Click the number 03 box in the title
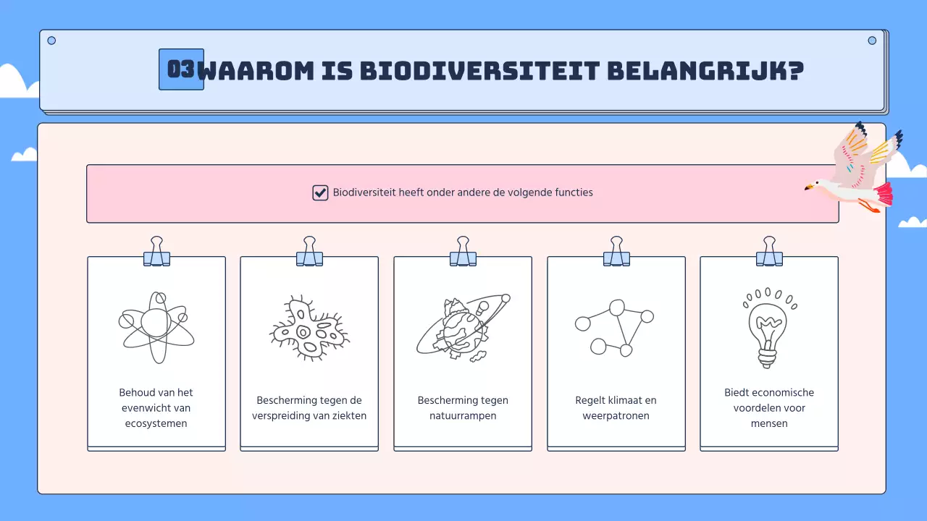(181, 69)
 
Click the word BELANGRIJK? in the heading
(705, 71)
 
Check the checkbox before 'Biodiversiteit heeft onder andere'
(320, 192)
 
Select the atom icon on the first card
(156, 326)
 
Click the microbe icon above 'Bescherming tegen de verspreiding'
(309, 329)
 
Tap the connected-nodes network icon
(615, 327)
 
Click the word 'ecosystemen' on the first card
(156, 423)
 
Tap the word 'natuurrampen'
(463, 416)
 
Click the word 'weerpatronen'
(616, 416)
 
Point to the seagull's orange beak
(809, 188)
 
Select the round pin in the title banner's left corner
(51, 41)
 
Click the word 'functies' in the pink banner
(573, 192)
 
